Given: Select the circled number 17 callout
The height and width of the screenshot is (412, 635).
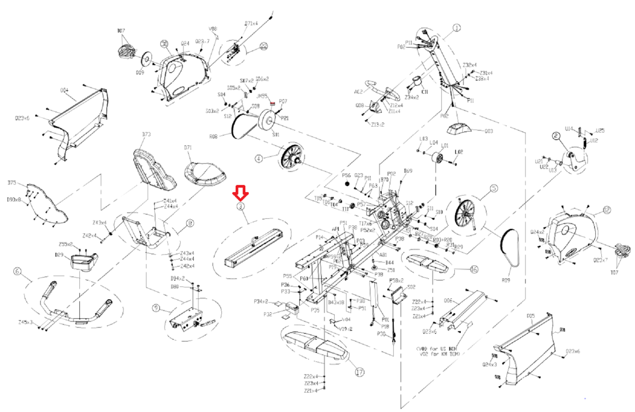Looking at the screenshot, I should [x=360, y=372].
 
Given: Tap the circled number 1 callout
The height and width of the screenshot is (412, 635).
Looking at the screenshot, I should [x=457, y=28].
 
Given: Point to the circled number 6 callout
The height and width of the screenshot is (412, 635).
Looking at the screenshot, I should [x=17, y=271].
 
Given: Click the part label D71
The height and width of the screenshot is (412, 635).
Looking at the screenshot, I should [x=188, y=147].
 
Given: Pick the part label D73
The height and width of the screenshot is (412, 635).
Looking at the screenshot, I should [x=146, y=134].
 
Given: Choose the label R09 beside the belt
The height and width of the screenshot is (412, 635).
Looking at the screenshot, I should [x=506, y=280].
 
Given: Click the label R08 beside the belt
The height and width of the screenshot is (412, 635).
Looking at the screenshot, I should [x=214, y=137].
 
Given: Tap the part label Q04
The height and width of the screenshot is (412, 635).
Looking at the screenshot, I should [x=64, y=90].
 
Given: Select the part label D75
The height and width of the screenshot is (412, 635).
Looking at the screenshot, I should [x=12, y=183].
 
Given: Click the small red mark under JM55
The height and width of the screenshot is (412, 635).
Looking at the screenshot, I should [x=272, y=103].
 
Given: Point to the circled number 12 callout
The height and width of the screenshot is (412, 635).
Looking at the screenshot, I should [x=606, y=210].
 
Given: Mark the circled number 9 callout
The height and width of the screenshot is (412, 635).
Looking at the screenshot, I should [x=156, y=308].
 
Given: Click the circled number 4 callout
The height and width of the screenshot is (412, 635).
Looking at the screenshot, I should [x=258, y=159].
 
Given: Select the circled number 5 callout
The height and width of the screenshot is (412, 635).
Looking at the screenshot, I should [x=494, y=188].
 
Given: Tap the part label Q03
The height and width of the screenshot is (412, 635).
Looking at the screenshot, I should [x=489, y=131].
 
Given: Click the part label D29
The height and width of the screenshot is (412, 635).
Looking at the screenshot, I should [x=59, y=255].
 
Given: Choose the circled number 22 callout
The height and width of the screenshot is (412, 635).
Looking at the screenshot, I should [x=264, y=46].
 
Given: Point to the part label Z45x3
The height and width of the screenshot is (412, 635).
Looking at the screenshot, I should [x=25, y=322].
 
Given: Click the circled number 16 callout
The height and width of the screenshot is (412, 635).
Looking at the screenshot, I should [x=473, y=269].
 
